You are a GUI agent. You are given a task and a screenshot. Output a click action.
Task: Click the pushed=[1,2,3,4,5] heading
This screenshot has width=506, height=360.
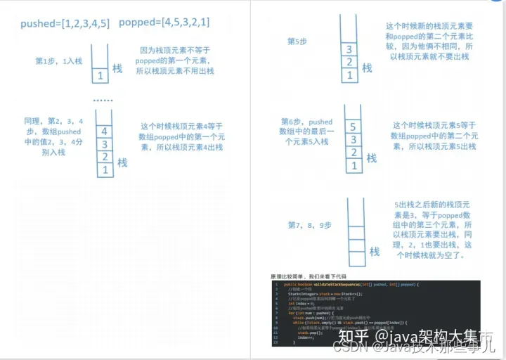click(x=63, y=23)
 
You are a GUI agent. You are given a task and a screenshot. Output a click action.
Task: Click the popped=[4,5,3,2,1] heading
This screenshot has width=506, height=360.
click(x=164, y=23)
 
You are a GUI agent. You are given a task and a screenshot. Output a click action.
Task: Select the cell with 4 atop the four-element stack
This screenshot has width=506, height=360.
click(x=104, y=131)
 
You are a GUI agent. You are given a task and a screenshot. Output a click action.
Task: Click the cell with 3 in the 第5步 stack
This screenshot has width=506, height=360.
click(x=349, y=50)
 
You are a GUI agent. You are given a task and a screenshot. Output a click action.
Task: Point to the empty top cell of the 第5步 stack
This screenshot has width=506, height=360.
click(x=349, y=28)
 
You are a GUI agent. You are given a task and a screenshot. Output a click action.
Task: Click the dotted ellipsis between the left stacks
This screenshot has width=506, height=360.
click(x=103, y=101)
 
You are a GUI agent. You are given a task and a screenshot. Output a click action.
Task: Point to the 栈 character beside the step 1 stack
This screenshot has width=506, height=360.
click(x=117, y=68)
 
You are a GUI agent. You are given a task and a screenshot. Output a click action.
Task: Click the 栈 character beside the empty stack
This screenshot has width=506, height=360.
click(x=375, y=251)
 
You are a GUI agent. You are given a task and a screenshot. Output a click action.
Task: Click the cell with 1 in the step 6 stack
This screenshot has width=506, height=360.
click(x=353, y=166)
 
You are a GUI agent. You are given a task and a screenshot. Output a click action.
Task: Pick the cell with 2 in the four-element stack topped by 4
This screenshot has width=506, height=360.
click(x=104, y=157)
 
